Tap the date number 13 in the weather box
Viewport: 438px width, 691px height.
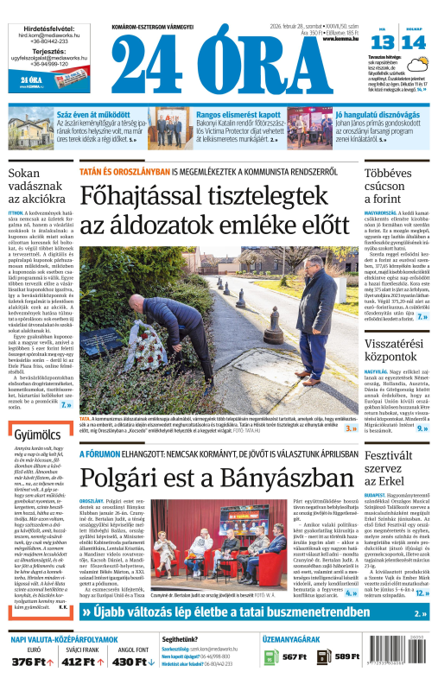pos(383,44)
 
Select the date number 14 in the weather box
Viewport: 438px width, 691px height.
pos(413,44)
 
